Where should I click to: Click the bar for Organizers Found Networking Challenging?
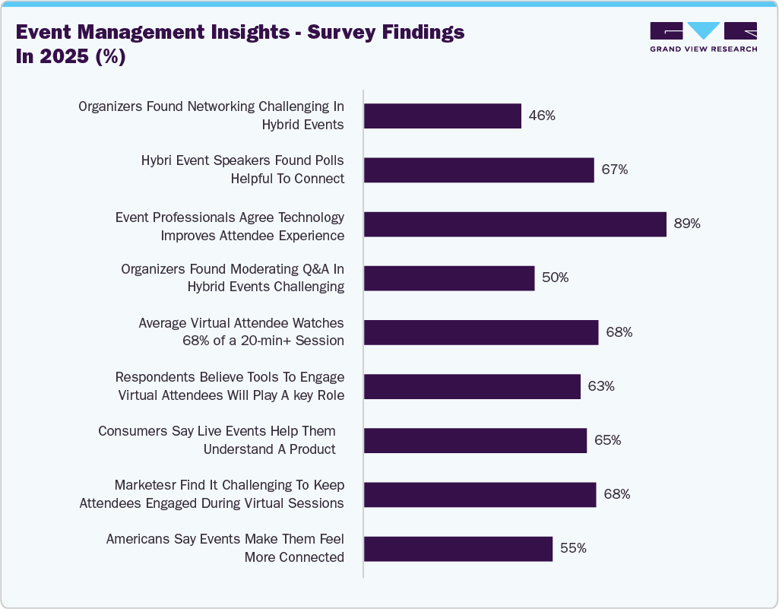(x=442, y=116)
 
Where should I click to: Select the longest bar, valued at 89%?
(x=515, y=224)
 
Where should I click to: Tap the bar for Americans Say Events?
(x=458, y=548)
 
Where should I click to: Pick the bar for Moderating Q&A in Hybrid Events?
(x=449, y=278)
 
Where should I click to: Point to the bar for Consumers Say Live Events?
(x=475, y=440)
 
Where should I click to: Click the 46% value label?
(x=542, y=116)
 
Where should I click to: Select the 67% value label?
(x=614, y=170)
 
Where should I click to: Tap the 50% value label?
(x=555, y=278)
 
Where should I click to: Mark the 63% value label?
(x=600, y=386)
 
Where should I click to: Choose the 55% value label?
(x=572, y=548)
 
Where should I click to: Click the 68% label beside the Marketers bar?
(x=616, y=494)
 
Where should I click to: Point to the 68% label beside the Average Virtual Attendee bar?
(x=619, y=332)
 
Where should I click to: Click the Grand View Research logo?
(x=703, y=36)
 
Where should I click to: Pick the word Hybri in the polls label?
(x=158, y=160)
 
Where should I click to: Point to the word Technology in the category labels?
(x=312, y=217)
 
